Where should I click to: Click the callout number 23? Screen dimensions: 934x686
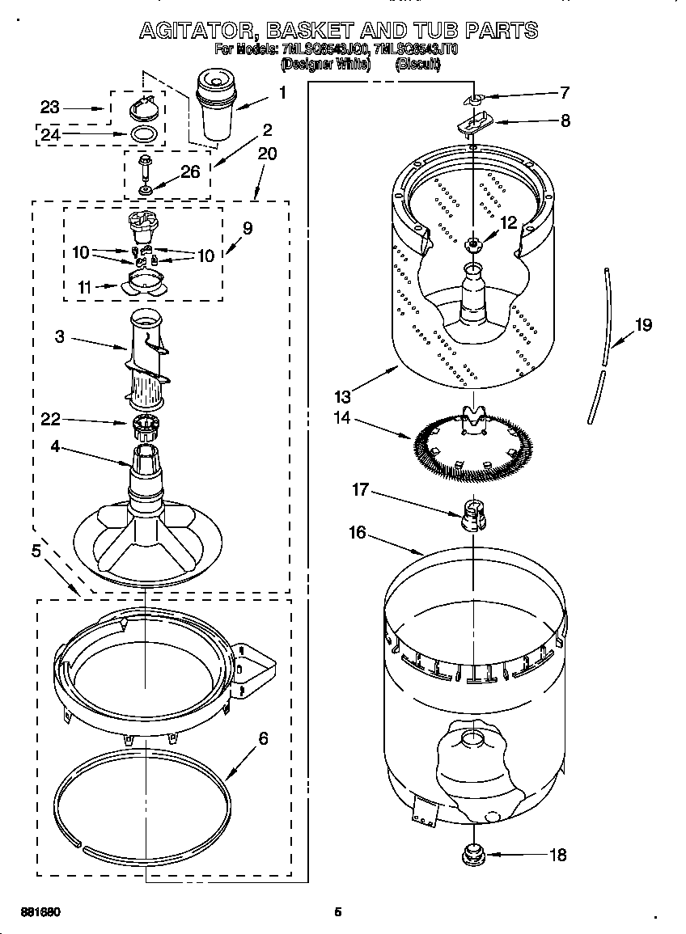[50, 107]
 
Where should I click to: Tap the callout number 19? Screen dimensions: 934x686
[643, 325]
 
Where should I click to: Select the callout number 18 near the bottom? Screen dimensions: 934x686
[557, 854]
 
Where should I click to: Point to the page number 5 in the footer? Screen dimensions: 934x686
[338, 912]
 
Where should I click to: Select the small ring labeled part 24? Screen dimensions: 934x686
[143, 133]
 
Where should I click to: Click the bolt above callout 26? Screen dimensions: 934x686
[144, 168]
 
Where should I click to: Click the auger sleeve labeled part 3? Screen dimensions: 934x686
[148, 356]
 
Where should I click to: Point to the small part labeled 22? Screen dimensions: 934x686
[143, 423]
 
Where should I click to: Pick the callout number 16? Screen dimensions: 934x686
[357, 532]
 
